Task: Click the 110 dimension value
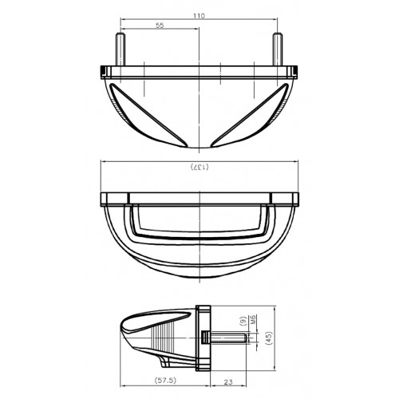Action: pyautogui.click(x=199, y=14)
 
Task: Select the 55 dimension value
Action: pyautogui.click(x=160, y=26)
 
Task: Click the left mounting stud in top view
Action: pyautogui.click(x=121, y=49)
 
